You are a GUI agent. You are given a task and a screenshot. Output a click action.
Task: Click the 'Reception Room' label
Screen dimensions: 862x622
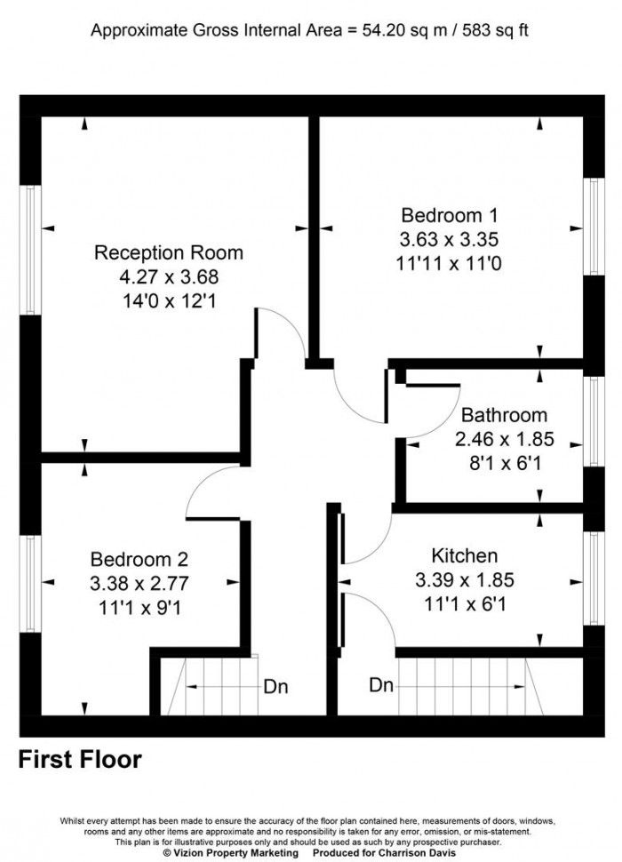pos(169,252)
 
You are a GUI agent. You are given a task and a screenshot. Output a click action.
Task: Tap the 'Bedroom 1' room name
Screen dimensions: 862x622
pos(450,215)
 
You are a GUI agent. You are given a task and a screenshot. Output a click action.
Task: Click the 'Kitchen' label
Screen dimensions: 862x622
pos(464,556)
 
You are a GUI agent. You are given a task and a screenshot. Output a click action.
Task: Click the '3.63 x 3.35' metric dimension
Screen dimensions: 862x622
pos(450,239)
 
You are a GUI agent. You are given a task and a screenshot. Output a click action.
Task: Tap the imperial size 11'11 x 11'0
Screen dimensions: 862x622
pos(450,263)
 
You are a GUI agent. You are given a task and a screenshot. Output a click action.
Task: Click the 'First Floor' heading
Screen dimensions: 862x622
pos(80,760)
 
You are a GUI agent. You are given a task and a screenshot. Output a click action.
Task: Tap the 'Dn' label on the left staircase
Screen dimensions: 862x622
pos(275,687)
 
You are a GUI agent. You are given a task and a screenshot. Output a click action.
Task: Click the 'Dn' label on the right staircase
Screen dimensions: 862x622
pos(382,685)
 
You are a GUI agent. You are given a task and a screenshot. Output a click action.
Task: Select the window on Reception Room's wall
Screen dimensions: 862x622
pos(31,250)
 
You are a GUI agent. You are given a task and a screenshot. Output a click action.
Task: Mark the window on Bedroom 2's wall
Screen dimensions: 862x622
pos(31,583)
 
